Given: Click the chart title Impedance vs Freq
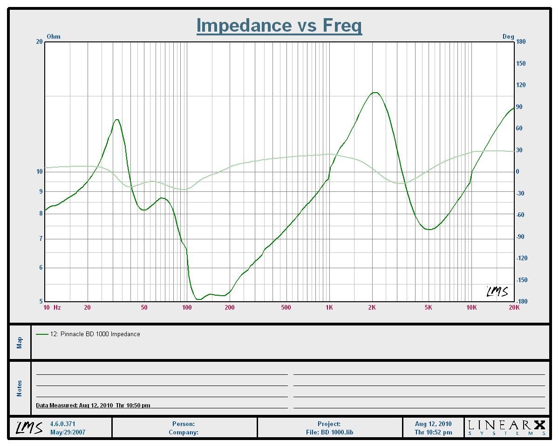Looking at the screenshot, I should [x=279, y=25].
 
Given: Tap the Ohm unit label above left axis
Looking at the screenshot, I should [x=54, y=36].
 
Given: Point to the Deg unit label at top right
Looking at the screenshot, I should [x=508, y=36].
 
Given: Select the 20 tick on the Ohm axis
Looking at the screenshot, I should [x=39, y=41].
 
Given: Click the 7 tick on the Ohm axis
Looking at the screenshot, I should [x=41, y=239].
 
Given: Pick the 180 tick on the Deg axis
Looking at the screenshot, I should [x=521, y=41].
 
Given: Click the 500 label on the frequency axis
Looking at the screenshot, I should [x=286, y=307].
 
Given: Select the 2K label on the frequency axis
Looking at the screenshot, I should [x=372, y=307].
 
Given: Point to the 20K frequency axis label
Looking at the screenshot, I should [x=514, y=307].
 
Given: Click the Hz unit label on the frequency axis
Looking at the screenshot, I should [x=57, y=307].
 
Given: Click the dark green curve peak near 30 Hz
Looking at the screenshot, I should [x=117, y=120].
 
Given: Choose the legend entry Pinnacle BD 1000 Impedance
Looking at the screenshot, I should [x=95, y=334].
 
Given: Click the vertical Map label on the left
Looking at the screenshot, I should [x=20, y=342].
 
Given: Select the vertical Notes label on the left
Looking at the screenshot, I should [x=20, y=388].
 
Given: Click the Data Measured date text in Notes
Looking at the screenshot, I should [x=93, y=406].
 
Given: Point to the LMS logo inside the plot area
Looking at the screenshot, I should [x=497, y=291].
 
